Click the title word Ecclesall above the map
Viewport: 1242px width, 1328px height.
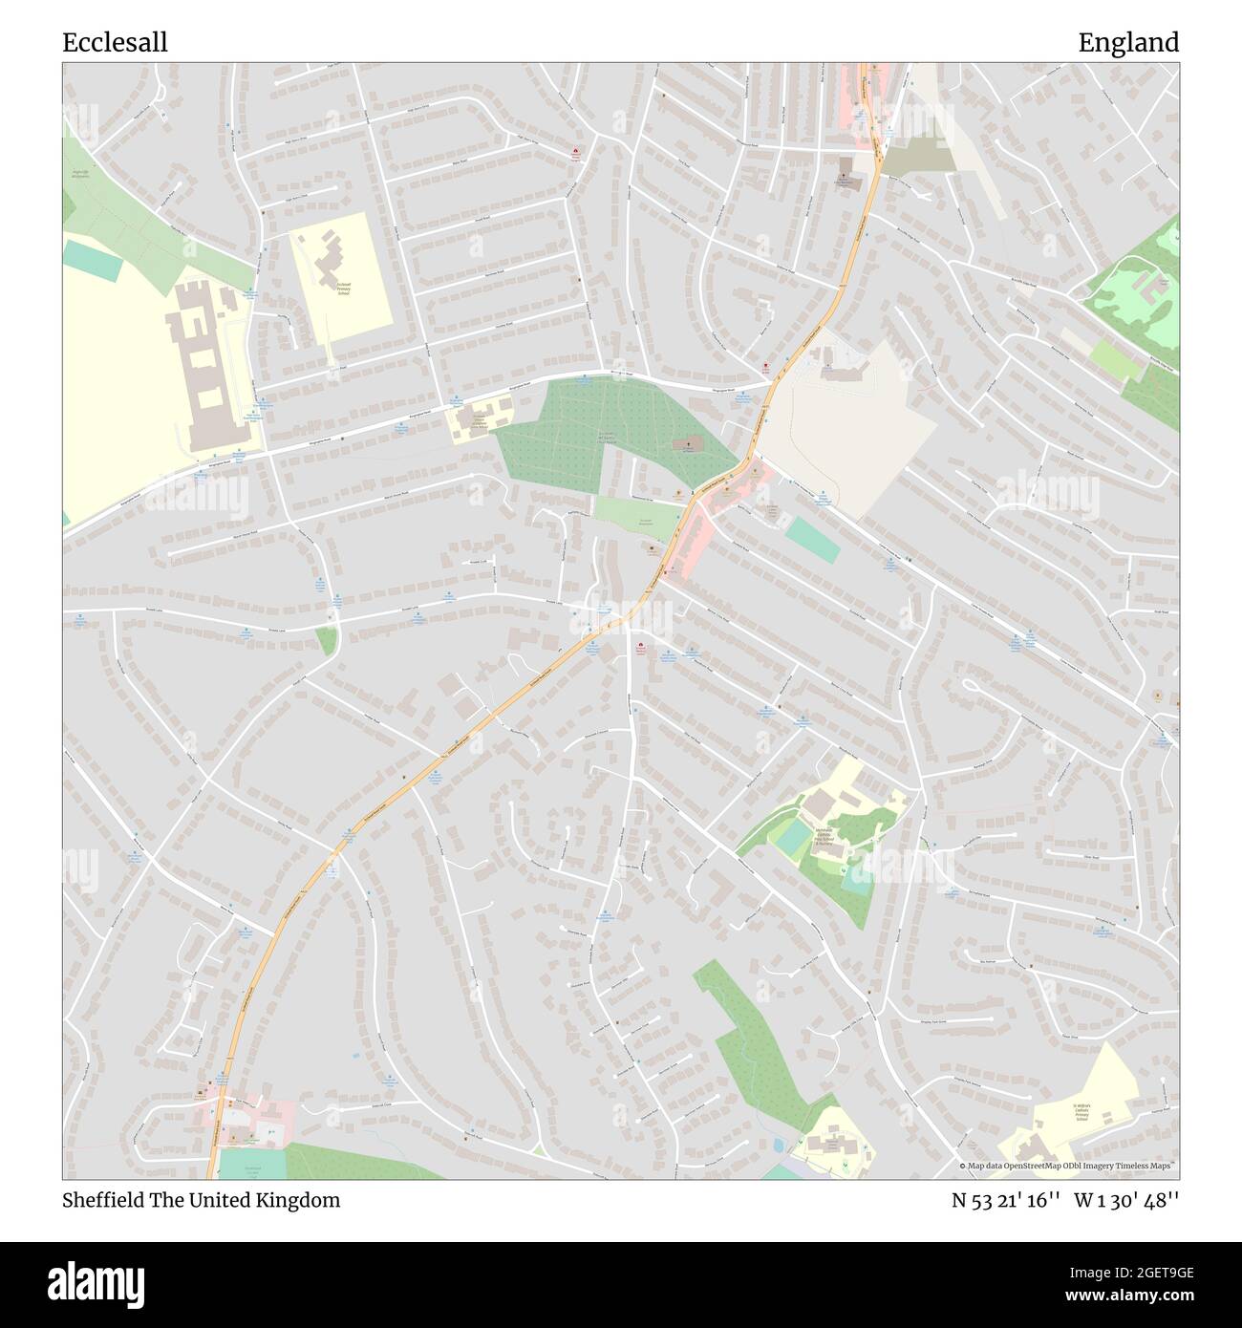[x=115, y=43]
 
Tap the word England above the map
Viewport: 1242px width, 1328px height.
[x=1128, y=43]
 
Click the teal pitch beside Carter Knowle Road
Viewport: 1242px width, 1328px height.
[x=812, y=540]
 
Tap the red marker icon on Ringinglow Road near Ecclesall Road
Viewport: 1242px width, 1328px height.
[x=765, y=367]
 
